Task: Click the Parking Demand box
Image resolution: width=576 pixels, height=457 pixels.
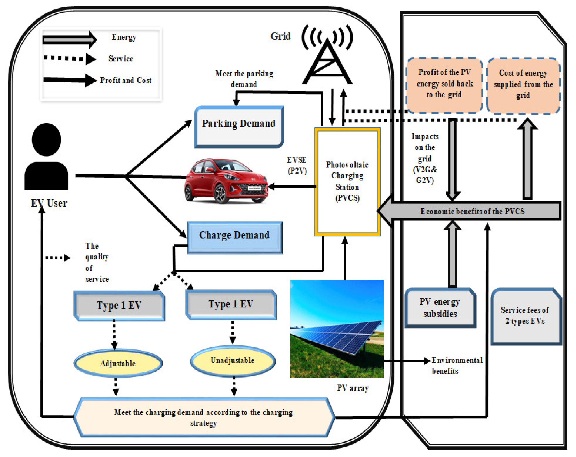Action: click(239, 126)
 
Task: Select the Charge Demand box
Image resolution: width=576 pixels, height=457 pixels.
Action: click(234, 237)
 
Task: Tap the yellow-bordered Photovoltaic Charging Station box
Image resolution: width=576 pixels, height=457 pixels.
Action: click(347, 182)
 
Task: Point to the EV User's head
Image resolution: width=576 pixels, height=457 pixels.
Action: click(46, 139)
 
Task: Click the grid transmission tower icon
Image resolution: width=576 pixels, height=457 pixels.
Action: click(327, 61)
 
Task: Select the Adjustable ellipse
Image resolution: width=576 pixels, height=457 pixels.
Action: click(118, 363)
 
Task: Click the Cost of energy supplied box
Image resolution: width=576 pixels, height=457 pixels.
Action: click(523, 85)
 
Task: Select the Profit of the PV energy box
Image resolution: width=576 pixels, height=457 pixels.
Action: click(444, 84)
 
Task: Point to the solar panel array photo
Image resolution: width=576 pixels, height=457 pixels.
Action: click(337, 328)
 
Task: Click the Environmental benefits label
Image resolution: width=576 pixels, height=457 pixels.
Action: click(457, 365)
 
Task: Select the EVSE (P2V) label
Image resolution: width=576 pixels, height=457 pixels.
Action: click(297, 166)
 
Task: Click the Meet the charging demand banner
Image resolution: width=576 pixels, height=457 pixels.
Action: click(204, 417)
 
